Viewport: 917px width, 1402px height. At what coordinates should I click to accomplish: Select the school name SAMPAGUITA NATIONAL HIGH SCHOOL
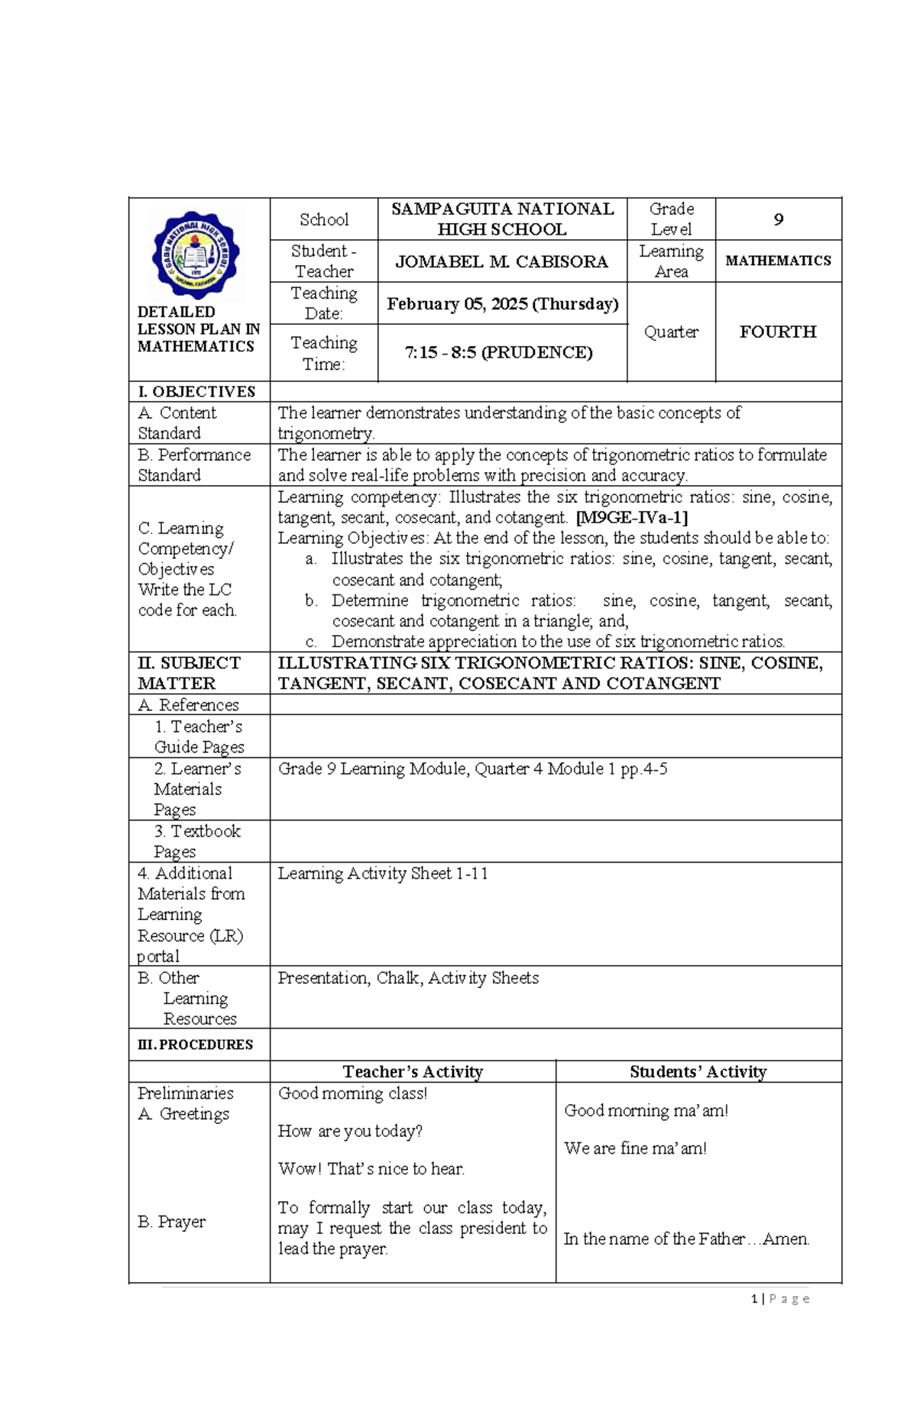[x=502, y=219]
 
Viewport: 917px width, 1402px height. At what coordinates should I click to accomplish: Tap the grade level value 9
[x=778, y=220]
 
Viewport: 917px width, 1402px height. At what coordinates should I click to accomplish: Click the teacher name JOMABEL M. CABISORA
[x=501, y=262]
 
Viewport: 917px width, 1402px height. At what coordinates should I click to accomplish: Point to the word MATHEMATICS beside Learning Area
[x=778, y=261]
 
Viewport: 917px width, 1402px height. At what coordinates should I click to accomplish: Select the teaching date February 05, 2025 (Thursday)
[x=502, y=304]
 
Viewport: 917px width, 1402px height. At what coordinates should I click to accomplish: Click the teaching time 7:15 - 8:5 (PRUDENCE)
[x=498, y=353]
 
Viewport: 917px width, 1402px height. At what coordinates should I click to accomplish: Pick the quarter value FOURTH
[x=778, y=332]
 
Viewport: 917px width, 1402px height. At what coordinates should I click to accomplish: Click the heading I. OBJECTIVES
[x=196, y=392]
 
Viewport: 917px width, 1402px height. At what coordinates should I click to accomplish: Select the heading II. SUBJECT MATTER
[x=189, y=673]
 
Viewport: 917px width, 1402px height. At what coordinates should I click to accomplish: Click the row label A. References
[x=188, y=705]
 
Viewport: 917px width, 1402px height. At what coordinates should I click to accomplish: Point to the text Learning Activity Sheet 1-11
[x=383, y=873]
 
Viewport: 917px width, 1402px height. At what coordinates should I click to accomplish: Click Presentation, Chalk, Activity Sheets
[x=408, y=978]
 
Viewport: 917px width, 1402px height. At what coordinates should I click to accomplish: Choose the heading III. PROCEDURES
[x=195, y=1044]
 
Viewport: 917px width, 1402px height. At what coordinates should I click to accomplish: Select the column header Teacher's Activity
[x=413, y=1072]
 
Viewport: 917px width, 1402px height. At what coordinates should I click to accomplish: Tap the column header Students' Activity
[x=698, y=1072]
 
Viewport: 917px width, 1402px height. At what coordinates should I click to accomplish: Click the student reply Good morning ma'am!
[x=646, y=1111]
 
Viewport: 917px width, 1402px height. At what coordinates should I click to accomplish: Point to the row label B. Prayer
[x=171, y=1222]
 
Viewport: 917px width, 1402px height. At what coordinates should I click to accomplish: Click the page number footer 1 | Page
[x=780, y=1299]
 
